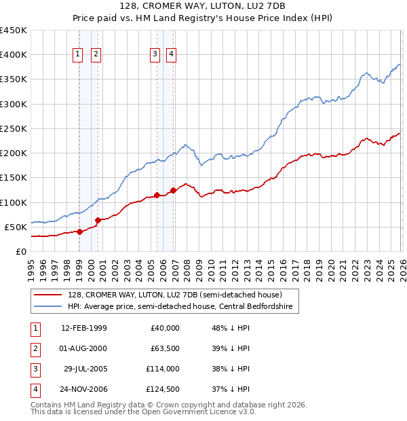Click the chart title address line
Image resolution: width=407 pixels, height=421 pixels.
coord(203,7)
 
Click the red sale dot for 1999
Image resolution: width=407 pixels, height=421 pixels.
coord(79,232)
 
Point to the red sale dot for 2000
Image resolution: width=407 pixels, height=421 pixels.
coord(98,220)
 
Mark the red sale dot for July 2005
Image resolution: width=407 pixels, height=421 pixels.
coord(157,196)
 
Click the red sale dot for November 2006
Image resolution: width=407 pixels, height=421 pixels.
coord(173,190)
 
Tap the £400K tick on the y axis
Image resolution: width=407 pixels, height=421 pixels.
coord(14,55)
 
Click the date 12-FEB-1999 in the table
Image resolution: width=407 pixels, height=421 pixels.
coord(83,328)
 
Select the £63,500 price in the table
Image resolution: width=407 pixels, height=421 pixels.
coord(164,348)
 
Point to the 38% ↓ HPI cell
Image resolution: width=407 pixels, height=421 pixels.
coord(231,369)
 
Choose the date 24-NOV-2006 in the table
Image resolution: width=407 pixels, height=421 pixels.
coord(83,389)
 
